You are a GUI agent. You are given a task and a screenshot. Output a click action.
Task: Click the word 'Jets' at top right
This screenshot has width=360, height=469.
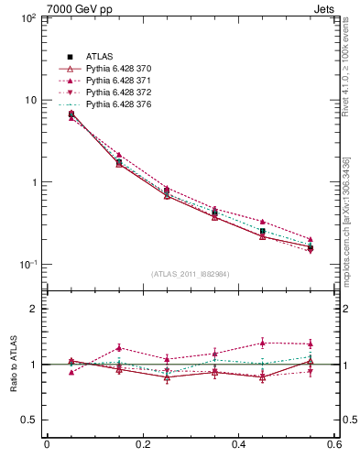point(325,8)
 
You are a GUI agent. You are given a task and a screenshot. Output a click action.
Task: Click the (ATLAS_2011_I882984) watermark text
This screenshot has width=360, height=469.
point(191,274)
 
